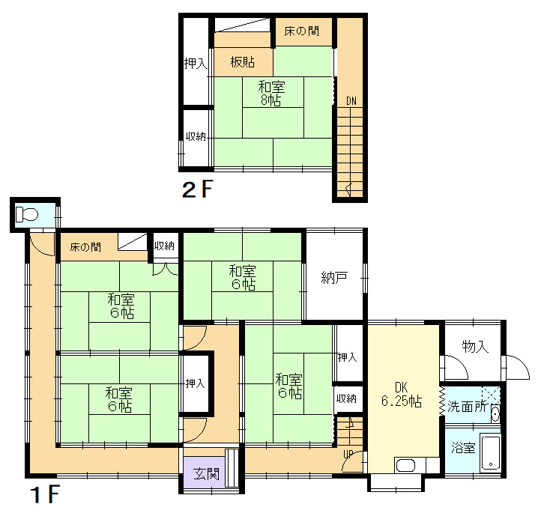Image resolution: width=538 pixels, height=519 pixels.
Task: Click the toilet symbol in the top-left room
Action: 27,215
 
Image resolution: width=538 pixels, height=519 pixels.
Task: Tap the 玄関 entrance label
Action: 206,474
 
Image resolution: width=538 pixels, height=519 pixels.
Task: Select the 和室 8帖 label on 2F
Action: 271,94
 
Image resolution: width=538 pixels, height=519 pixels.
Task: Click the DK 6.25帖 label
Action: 402,394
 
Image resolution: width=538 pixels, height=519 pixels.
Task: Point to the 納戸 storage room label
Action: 334,277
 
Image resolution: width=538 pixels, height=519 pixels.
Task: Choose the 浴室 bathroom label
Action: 463,447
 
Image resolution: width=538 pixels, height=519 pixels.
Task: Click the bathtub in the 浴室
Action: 491,452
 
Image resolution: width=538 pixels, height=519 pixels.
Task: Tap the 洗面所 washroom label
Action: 467,407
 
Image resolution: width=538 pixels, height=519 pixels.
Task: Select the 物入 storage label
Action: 475,347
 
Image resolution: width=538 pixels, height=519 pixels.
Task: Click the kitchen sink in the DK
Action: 405,466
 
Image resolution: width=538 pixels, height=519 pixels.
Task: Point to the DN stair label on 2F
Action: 351,101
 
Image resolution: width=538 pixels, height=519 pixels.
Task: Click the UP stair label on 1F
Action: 348,454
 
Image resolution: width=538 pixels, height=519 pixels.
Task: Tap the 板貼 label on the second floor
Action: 242,62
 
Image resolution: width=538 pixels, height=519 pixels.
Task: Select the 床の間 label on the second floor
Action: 302,31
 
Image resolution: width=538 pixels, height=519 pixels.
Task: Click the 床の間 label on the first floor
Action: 85,247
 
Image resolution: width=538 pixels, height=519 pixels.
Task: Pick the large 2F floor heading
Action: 198,189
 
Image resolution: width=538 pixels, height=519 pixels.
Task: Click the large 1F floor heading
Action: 46,494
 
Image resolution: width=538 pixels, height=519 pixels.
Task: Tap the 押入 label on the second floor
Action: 196,64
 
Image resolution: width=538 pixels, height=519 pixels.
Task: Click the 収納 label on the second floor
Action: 196,136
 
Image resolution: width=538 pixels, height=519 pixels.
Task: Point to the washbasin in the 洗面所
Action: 495,414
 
